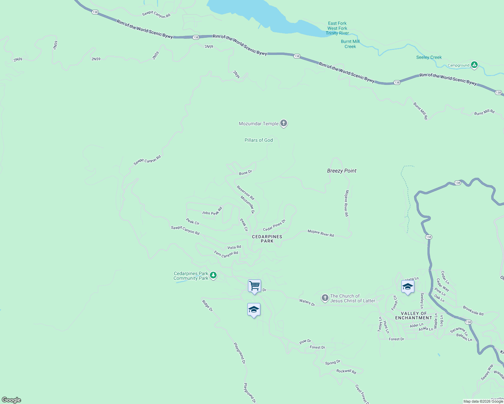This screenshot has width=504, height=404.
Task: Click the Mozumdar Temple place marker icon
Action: click(284, 123)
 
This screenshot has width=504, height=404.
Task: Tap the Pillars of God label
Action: click(259, 140)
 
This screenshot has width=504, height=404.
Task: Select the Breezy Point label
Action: click(342, 171)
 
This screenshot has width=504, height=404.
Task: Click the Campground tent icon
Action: click(474, 65)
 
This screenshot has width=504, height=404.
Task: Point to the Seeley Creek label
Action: click(429, 57)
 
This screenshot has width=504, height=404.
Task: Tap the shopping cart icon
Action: click(254, 286)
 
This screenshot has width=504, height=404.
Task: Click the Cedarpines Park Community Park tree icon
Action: click(213, 275)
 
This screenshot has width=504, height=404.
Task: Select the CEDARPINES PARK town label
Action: click(267, 239)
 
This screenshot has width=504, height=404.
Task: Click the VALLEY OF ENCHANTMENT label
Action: click(413, 315)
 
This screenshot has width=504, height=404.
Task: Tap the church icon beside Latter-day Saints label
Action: click(325, 298)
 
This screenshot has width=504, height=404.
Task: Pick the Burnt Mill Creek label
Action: click(350, 44)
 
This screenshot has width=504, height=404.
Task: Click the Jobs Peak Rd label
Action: click(212, 211)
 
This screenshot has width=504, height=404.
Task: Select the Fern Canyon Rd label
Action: click(226, 254)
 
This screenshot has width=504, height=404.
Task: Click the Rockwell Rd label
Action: click(346, 371)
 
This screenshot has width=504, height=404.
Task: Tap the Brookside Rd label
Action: click(473, 310)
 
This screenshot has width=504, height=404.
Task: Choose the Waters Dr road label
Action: click(307, 302)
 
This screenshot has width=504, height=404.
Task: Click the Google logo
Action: click(11, 400)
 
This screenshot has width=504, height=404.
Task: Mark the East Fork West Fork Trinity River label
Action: click(337, 28)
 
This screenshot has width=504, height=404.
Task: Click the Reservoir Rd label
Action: click(245, 193)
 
